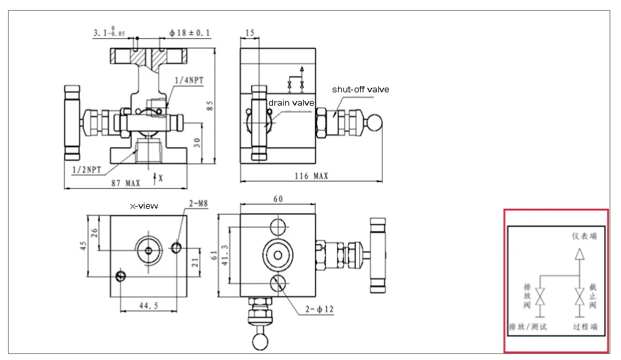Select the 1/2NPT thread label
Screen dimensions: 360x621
(x=86, y=169)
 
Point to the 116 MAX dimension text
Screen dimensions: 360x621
(x=312, y=176)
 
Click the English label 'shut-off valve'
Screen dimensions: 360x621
(x=361, y=89)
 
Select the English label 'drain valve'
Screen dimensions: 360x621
(x=291, y=103)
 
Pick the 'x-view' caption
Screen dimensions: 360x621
(x=144, y=205)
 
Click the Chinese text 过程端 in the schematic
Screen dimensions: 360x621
(x=584, y=327)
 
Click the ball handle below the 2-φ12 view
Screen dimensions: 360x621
(x=261, y=341)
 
